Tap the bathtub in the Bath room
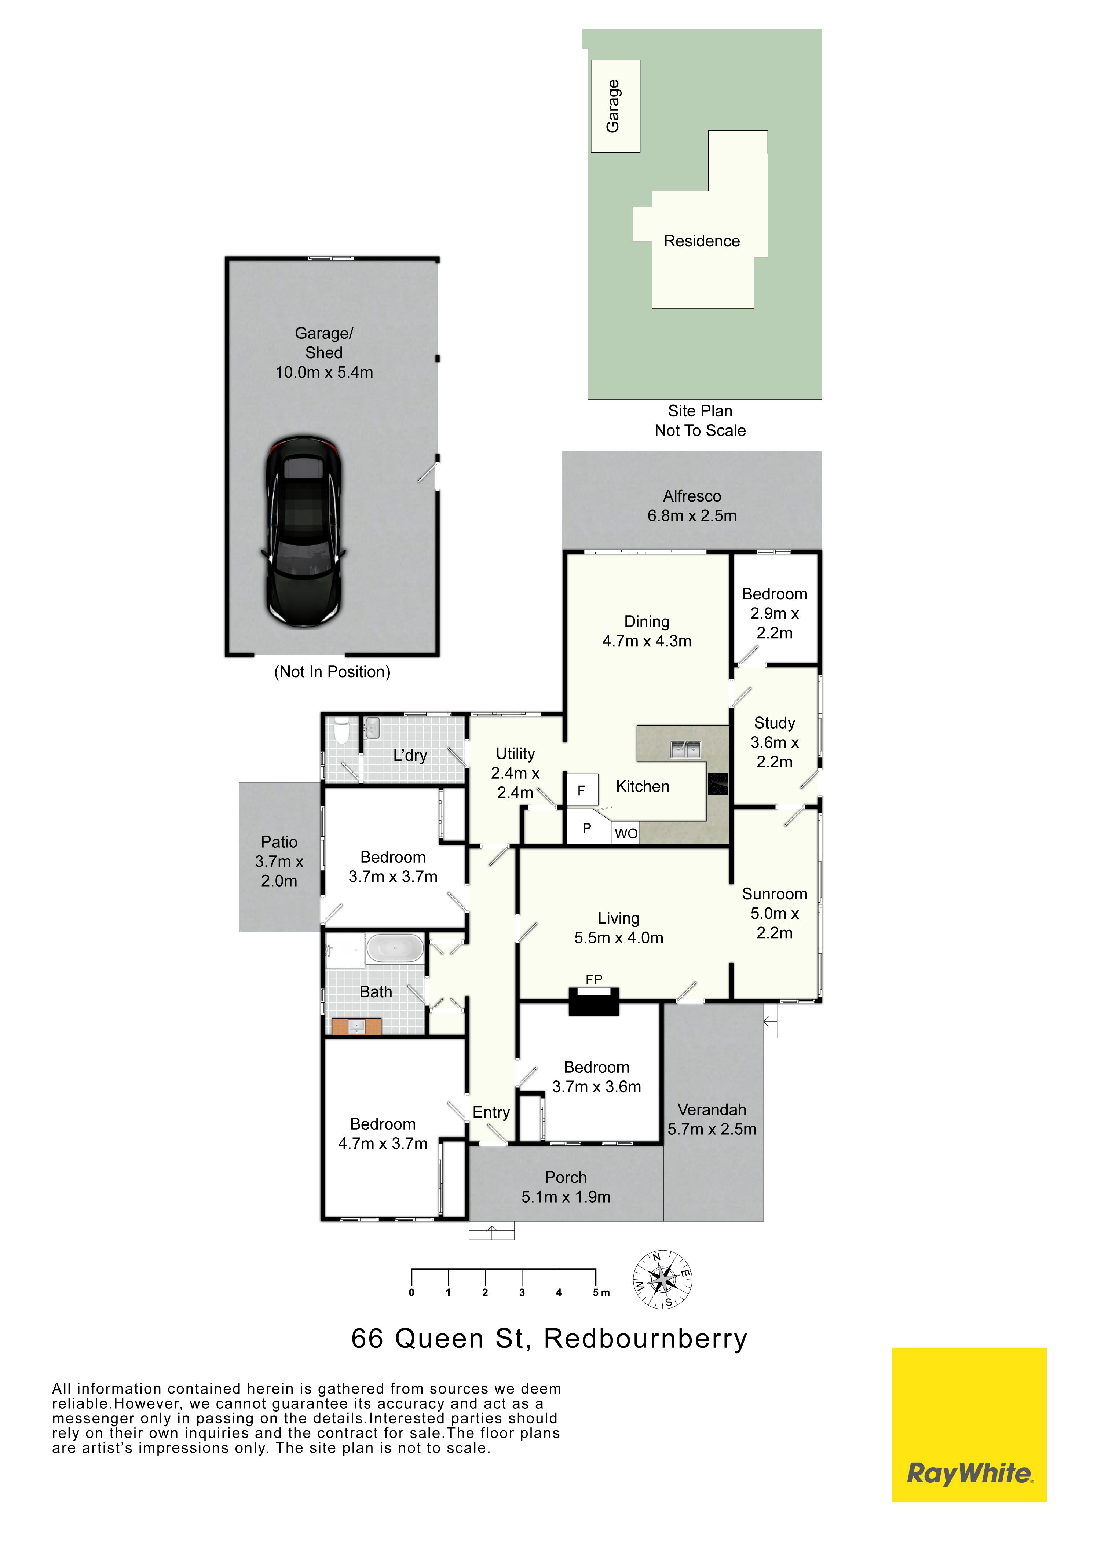coord(395,949)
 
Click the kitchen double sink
coord(685,749)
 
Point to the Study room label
coord(774,724)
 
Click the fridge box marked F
coord(582,789)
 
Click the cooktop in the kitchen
coord(718,783)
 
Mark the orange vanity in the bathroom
coord(356,1026)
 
